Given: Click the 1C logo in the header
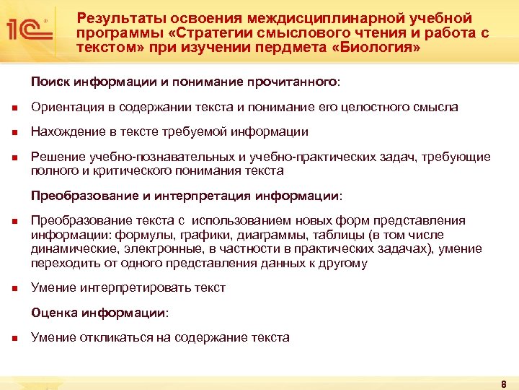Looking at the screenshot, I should [27, 29].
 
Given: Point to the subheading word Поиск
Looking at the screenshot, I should [49, 82].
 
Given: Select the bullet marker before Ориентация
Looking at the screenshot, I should [14, 108].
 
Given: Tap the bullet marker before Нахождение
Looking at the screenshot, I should [14, 133].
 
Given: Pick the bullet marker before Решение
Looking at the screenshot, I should [14, 157].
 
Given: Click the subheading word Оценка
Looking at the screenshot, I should [53, 313].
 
